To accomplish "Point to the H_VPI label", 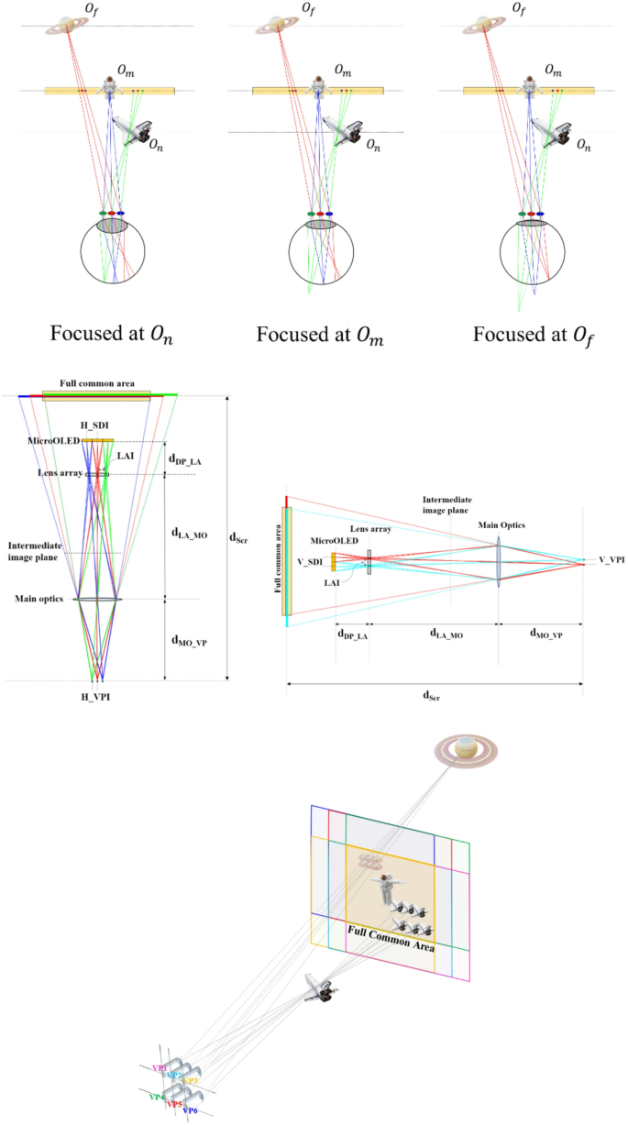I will [96, 697].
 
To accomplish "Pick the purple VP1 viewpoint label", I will [160, 1068].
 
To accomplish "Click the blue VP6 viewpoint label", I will [191, 1110].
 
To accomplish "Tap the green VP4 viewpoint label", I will [157, 1096].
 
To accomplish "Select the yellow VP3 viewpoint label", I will [191, 1082].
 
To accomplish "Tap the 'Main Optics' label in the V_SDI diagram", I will [498, 525].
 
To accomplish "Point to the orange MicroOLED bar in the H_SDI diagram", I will [96, 441].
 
